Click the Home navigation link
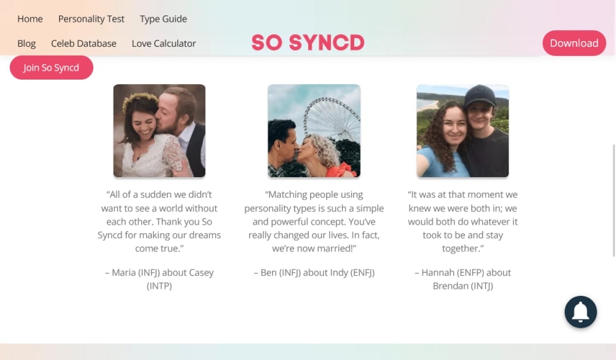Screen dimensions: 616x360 pyautogui.click(x=30, y=19)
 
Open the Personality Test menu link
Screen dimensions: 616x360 pyautogui.click(x=91, y=19)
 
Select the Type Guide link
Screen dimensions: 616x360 pyautogui.click(x=164, y=19)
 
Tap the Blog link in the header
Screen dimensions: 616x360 pyautogui.click(x=26, y=44)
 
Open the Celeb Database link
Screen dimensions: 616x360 pyautogui.click(x=83, y=44)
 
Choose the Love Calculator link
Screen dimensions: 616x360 pyautogui.click(x=164, y=44)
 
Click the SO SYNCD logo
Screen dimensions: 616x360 pyautogui.click(x=308, y=42)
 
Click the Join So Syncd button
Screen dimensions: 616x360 pyautogui.click(x=51, y=67)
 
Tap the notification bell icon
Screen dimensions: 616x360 pyautogui.click(x=581, y=312)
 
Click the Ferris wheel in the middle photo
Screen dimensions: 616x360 pyautogui.click(x=332, y=119)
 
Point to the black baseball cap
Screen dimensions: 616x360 pyautogui.click(x=480, y=96)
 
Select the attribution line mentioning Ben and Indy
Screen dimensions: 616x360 pyautogui.click(x=314, y=273)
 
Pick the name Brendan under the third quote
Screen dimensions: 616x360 pyautogui.click(x=450, y=286)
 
